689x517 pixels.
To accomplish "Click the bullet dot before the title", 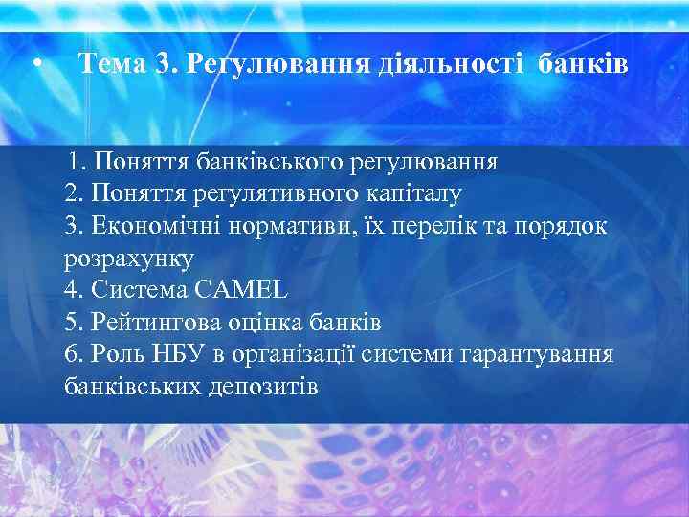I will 35,65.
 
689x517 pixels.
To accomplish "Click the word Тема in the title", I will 112,64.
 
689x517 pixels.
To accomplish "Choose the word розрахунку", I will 128,258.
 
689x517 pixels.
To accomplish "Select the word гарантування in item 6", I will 536,354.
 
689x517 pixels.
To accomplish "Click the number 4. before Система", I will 76,289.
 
